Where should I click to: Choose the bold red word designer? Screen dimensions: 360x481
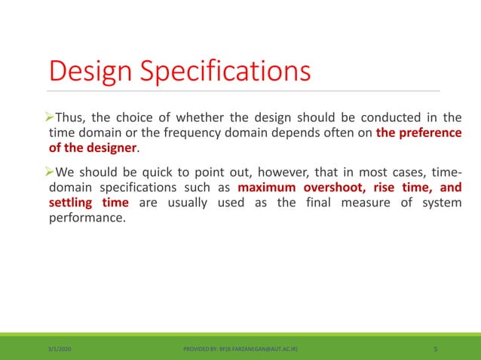point(111,148)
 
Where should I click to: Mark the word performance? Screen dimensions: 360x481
point(84,219)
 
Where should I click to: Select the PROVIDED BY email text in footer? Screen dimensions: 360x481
point(239,349)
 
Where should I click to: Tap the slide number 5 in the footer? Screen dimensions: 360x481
point(437,349)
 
